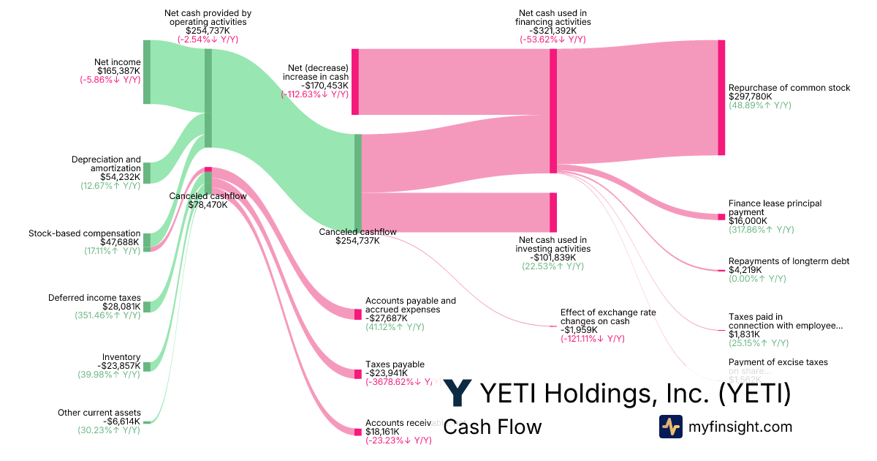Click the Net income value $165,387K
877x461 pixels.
(x=118, y=71)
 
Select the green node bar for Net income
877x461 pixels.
(x=147, y=72)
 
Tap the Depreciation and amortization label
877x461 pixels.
(x=106, y=164)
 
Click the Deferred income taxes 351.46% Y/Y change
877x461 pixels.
(x=107, y=315)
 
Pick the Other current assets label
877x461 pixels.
(x=99, y=413)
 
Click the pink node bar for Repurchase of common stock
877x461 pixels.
(x=721, y=97)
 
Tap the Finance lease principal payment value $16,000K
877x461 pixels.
(x=748, y=220)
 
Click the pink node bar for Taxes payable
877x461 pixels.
(x=358, y=374)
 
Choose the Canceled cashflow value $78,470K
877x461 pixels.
(x=208, y=205)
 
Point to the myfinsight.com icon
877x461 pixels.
(x=670, y=427)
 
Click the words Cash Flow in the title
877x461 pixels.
(x=493, y=427)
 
